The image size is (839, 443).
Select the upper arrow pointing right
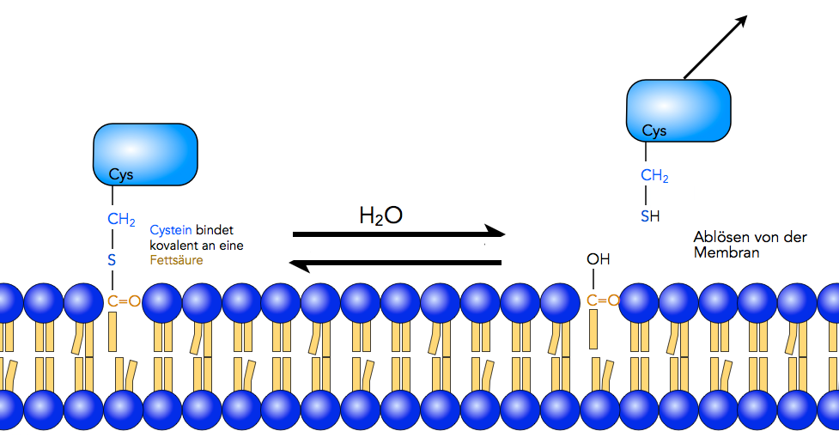398,233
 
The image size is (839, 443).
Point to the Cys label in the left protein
121,175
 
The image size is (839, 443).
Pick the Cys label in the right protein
654,131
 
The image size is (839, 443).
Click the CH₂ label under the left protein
121,220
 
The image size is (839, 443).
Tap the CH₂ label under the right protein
654,177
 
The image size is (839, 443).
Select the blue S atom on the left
112,259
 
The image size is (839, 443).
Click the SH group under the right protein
649,216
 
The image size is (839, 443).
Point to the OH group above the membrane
599,259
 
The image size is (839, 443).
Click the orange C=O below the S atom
124,300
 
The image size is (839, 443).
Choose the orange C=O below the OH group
603,300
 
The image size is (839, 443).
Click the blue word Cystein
171,230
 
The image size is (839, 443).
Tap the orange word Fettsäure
177,259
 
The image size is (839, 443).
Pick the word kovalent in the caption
175,245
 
